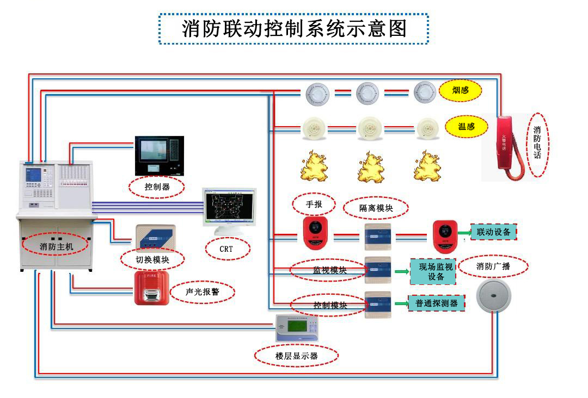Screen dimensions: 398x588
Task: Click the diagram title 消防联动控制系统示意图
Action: pos(294,28)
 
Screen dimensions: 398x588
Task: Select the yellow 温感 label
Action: pos(466,127)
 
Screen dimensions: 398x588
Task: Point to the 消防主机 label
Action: pos(56,246)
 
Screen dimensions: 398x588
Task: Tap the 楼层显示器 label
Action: pos(296,356)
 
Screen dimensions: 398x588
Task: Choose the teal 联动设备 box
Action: pos(493,232)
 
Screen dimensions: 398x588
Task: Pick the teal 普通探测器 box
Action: pos(437,303)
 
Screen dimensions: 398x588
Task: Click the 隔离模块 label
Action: pos(376,208)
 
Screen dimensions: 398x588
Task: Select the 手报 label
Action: pos(314,204)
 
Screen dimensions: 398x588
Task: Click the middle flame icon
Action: pos(371,167)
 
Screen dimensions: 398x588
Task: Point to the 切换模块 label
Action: pos(152,259)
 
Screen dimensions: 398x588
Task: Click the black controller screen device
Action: pos(159,156)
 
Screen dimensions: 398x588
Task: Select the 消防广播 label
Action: pos(493,266)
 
